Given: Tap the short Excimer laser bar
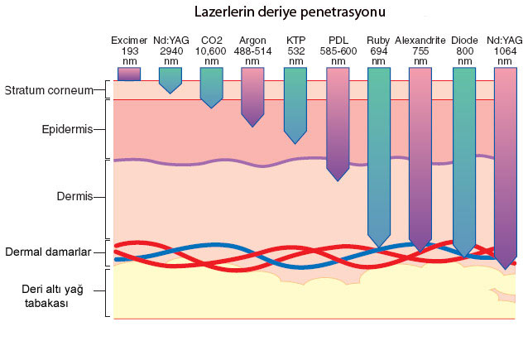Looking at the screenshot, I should point(128,74).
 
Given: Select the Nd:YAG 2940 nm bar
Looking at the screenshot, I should point(170,79).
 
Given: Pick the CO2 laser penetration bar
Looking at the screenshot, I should point(211,86).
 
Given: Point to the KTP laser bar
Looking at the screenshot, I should point(295,103).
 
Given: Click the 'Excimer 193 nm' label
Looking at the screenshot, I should point(128,50).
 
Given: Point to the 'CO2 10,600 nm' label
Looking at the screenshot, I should point(211,50).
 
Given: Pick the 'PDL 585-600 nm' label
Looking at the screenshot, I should point(337,50).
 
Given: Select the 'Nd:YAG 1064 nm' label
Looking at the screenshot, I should point(505,50).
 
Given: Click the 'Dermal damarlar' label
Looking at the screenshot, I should point(49,252).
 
